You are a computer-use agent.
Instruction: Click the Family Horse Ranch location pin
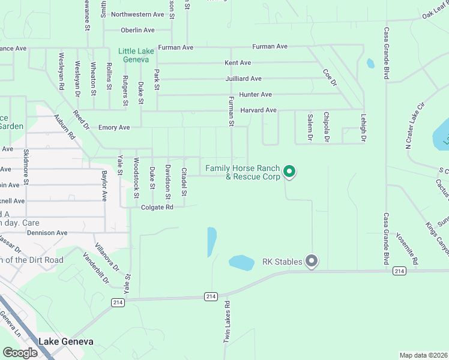pos(289,172)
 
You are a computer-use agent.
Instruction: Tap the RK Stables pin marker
pos(311,261)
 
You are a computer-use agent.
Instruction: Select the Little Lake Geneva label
pos(136,55)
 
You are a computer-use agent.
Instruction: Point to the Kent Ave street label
pos(238,63)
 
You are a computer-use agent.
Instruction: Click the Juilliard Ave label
pos(243,79)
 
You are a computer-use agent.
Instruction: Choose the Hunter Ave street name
pos(256,95)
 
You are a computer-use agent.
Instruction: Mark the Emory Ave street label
pos(114,128)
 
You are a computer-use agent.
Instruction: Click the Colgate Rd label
pos(157,208)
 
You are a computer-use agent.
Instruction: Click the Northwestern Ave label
pos(137,14)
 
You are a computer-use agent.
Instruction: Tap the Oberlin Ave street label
pos(137,30)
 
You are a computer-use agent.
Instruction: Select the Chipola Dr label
pos(327,127)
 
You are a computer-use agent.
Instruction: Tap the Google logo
pos(20,353)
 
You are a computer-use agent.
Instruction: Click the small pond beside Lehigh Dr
pos(370,62)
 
